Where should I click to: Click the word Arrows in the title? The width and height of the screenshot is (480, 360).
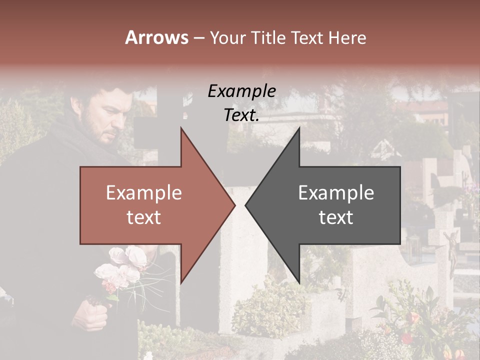[156, 37]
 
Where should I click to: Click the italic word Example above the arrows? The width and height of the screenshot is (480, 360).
[241, 91]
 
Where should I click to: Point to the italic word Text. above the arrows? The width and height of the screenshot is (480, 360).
[241, 115]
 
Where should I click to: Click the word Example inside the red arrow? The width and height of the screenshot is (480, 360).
[144, 192]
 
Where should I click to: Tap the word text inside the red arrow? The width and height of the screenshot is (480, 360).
[144, 217]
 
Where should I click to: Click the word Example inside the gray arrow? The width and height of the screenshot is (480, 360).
[336, 192]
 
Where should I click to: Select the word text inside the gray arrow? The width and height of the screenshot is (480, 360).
[336, 217]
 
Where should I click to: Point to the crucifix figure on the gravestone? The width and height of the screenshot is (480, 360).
[451, 250]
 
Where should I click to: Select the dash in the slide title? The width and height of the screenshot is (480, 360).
[198, 38]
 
